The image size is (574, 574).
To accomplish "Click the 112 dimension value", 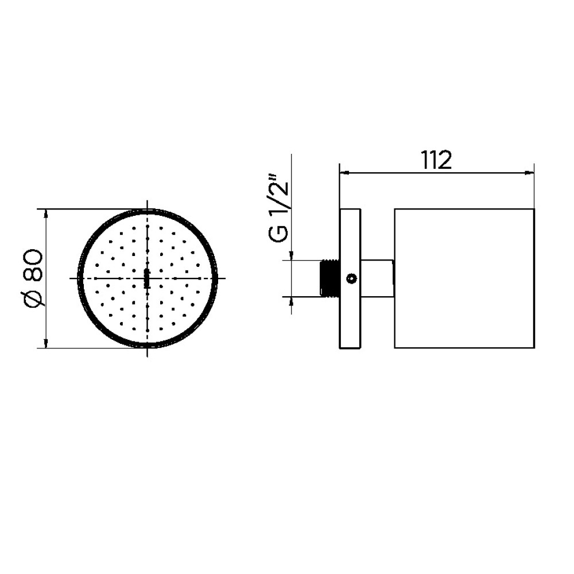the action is [436, 160].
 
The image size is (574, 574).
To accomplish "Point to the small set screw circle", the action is [351, 279].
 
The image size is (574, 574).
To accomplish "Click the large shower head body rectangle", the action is [464, 278].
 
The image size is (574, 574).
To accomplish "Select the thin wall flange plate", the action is [350, 278].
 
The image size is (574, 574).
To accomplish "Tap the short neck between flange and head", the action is [378, 278].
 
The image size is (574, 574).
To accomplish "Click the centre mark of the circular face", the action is [147, 278].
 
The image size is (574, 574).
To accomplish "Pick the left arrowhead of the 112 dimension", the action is [344, 172].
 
